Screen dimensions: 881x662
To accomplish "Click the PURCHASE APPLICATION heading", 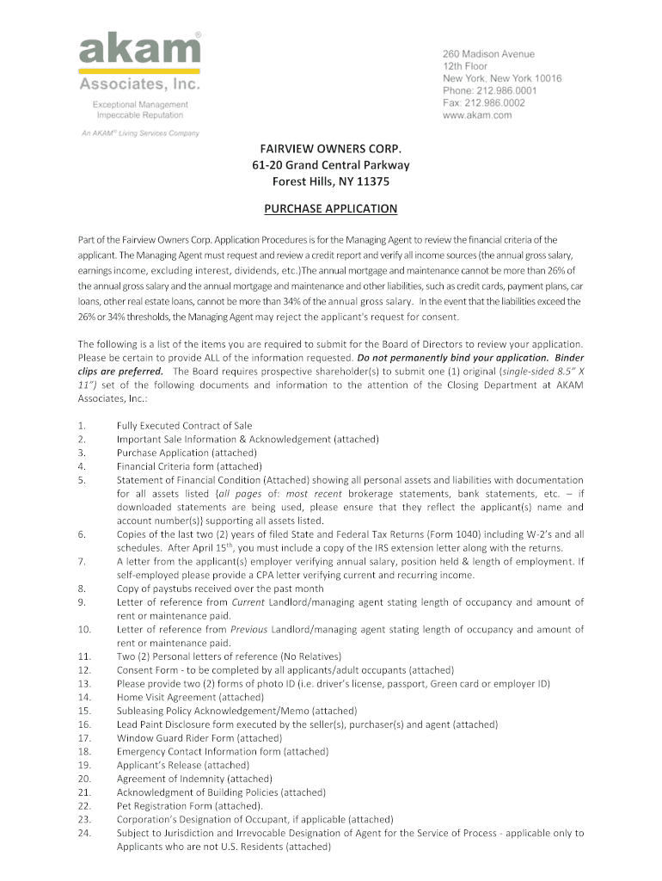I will pyautogui.click(x=330, y=209).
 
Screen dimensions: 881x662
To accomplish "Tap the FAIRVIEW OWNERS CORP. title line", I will pyautogui.click(x=330, y=149).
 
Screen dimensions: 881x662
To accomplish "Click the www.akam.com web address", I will pyautogui.click(x=477, y=114).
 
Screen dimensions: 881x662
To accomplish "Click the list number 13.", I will pyautogui.click(x=84, y=684).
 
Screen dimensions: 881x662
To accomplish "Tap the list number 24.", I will pyautogui.click(x=84, y=833).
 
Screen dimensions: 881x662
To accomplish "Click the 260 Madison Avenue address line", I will pyautogui.click(x=488, y=54).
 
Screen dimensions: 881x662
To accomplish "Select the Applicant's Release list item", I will pyautogui.click(x=183, y=765).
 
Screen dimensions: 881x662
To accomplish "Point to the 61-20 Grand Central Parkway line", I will pyautogui.click(x=330, y=165).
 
